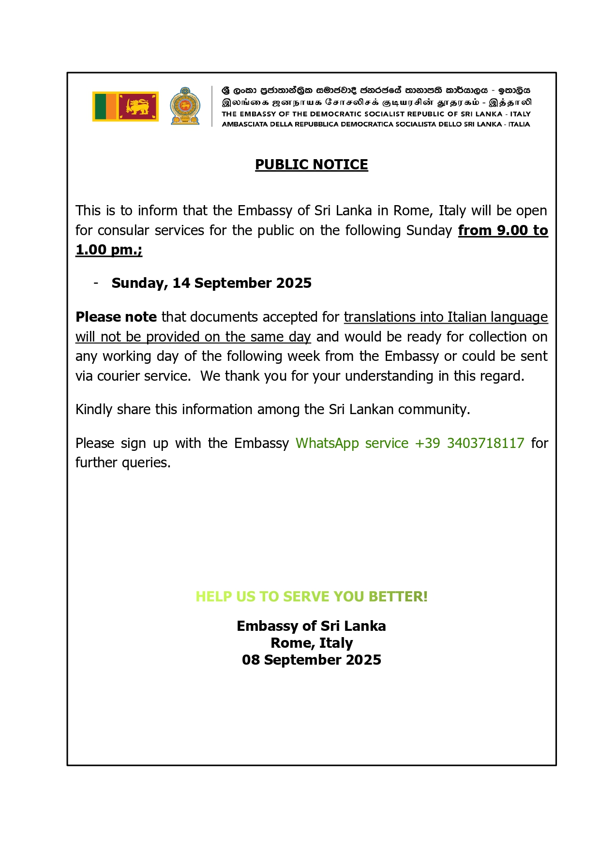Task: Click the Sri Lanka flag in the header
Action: point(125,106)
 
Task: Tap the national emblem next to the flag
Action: point(185,106)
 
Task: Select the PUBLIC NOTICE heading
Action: point(311,164)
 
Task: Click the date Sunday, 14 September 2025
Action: point(211,283)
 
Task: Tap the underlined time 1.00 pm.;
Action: point(109,250)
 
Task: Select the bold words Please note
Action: point(116,317)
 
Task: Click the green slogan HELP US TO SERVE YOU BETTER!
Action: point(311,596)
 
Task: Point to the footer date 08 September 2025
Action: point(311,660)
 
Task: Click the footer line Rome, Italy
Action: point(311,643)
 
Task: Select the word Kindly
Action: point(94,409)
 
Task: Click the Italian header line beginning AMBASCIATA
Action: point(375,124)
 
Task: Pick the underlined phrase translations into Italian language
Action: point(446,317)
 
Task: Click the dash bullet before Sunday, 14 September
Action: point(96,283)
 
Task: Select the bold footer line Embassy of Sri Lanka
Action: point(311,626)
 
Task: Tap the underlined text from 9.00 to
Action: point(503,230)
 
